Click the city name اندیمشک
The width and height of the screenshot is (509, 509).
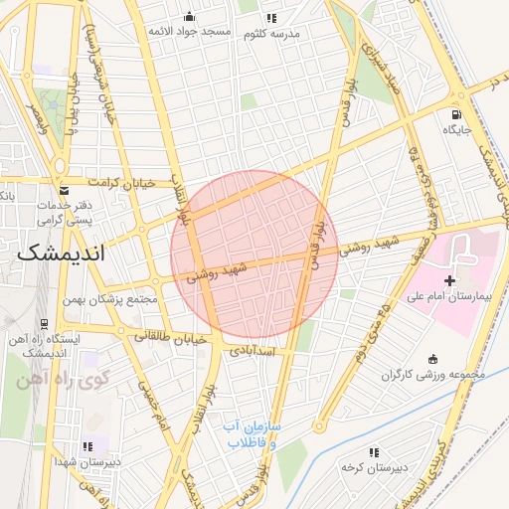(68, 254)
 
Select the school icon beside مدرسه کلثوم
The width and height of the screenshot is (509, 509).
(270, 18)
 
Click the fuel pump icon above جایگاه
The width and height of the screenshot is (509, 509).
(456, 113)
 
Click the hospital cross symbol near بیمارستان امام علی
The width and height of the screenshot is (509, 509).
(450, 281)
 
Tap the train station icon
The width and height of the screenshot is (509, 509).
(45, 323)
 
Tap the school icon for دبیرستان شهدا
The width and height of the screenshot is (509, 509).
(87, 446)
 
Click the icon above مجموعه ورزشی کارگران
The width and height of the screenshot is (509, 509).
(432, 360)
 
